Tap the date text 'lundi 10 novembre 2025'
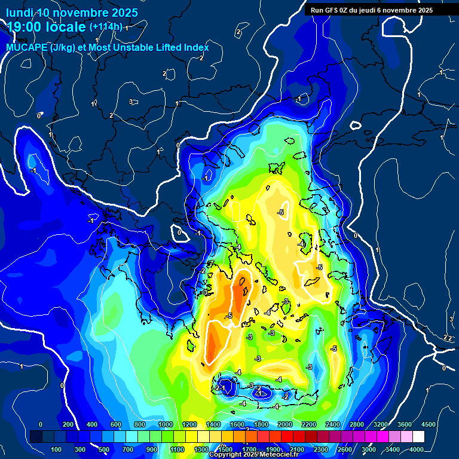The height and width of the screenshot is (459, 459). pyautogui.click(x=72, y=13)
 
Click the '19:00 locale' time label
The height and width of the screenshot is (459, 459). pyautogui.click(x=47, y=27)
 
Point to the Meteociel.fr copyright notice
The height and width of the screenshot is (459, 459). pyautogui.click(x=253, y=455)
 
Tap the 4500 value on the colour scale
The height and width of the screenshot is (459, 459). pyautogui.click(x=428, y=424)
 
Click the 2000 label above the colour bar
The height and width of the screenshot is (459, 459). pyautogui.click(x=284, y=424)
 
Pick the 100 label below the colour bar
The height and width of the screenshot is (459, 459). pyautogui.click(x=56, y=449)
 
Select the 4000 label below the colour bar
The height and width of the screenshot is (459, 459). pyautogui.click(x=417, y=449)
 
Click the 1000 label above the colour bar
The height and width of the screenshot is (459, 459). pyautogui.click(x=165, y=424)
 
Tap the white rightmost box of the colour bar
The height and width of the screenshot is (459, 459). pyautogui.click(x=418, y=437)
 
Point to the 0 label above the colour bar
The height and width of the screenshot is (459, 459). pyautogui.click(x=41, y=424)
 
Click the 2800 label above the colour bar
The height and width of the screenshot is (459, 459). pyautogui.click(x=357, y=424)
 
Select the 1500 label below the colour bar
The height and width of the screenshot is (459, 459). pyautogui.click(x=225, y=449)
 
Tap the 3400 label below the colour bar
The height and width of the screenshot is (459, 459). pyautogui.click(x=393, y=449)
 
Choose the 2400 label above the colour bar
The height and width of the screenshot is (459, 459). pyautogui.click(x=333, y=424)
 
